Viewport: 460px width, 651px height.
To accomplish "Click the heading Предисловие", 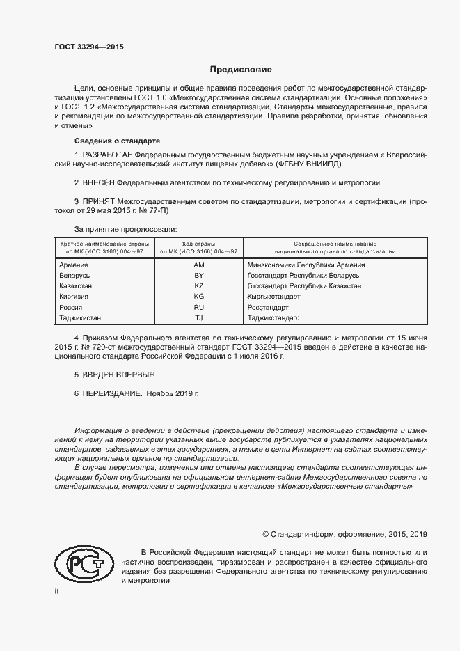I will (241, 70).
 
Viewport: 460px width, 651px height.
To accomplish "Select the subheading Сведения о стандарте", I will (107, 141).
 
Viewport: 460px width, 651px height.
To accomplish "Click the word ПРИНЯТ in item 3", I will (97, 201).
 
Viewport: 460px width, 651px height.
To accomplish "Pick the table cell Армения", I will (74, 265).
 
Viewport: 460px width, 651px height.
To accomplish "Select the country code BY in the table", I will (198, 276).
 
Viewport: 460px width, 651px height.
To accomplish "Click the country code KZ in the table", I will (198, 286).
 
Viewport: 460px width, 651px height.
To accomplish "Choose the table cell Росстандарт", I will (268, 307).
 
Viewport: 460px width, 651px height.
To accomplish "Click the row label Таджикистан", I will (81, 317).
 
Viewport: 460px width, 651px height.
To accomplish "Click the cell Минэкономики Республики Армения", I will (306, 265).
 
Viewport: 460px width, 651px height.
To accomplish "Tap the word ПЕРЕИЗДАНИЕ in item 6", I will (112, 393).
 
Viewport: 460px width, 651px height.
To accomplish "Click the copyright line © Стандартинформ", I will (344, 534).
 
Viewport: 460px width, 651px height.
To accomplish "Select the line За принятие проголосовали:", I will (125, 228).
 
